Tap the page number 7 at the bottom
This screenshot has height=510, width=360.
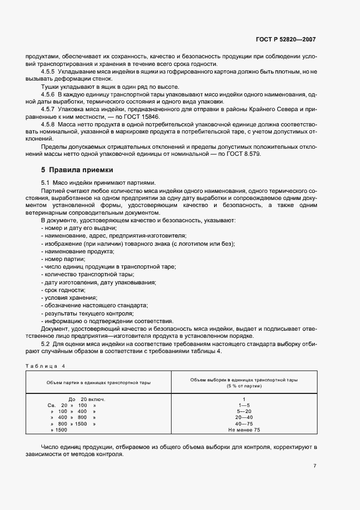315,465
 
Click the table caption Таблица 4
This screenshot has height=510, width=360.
45,366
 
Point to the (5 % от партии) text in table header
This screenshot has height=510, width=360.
244,386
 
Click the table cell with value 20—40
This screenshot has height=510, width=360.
244,417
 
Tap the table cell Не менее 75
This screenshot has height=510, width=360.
244,430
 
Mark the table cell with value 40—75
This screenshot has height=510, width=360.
244,423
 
